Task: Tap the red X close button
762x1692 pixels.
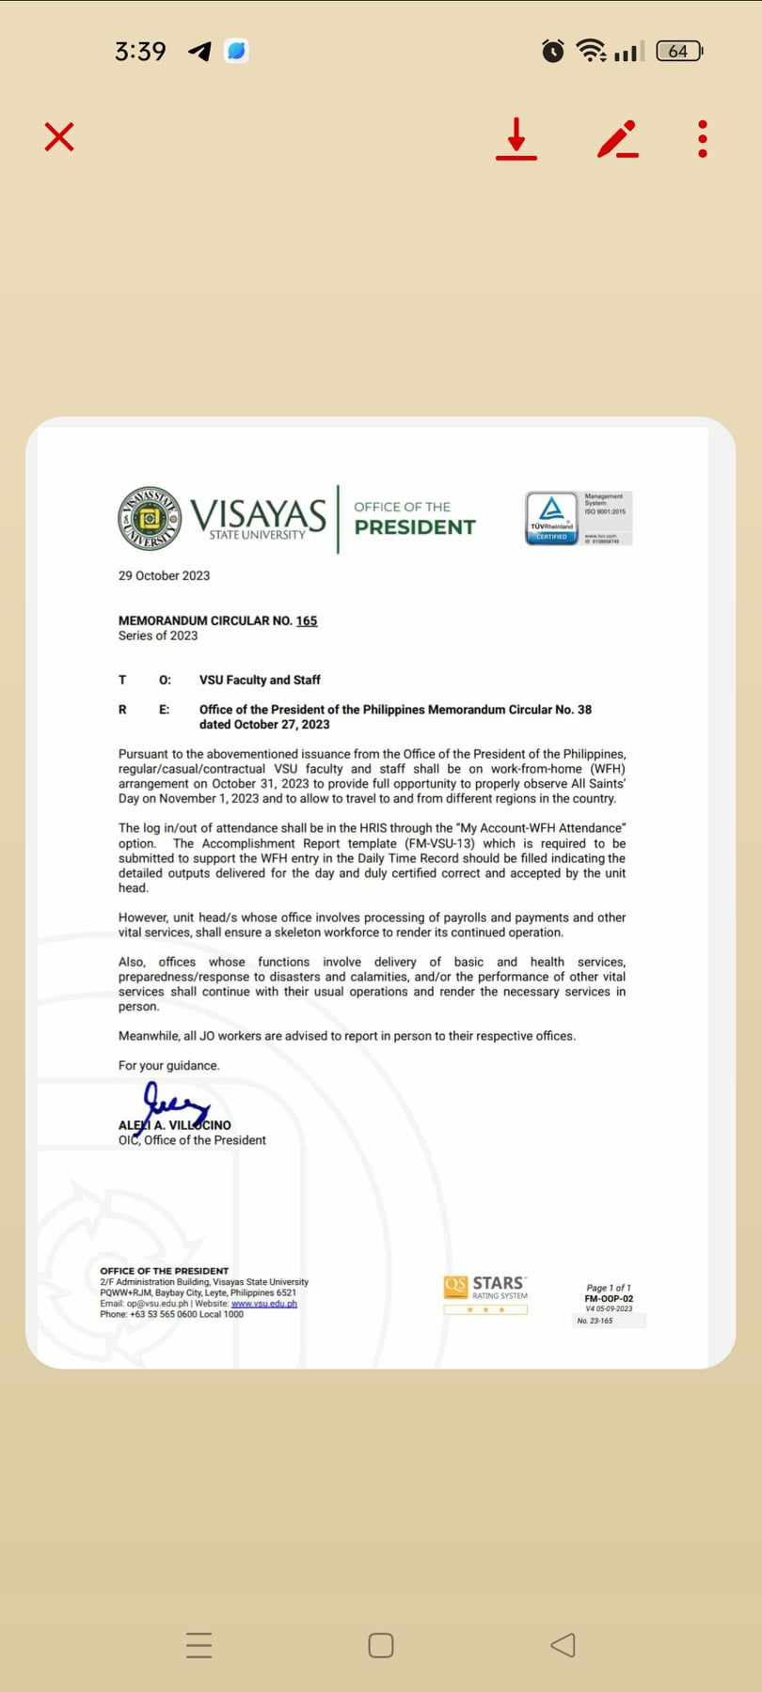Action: pos(59,137)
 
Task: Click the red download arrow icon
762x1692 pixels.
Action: pos(516,139)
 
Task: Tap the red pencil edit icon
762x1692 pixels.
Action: pos(617,139)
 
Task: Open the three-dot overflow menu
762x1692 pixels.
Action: pos(703,139)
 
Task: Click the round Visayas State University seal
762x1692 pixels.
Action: pos(150,518)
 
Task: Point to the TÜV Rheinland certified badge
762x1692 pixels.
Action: pos(552,518)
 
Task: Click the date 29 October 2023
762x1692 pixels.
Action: pos(164,575)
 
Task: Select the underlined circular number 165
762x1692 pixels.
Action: pos(307,620)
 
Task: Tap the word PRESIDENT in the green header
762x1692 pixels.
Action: pos(415,527)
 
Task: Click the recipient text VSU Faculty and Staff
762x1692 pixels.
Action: pos(260,680)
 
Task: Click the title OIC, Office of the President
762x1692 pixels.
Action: pos(192,1140)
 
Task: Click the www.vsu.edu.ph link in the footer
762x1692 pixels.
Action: pos(264,1304)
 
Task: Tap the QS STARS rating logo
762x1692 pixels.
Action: pos(485,1293)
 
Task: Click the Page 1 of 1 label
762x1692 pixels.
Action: pos(609,1288)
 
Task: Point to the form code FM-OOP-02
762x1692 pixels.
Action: pos(609,1299)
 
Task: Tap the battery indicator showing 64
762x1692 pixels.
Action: pos(678,51)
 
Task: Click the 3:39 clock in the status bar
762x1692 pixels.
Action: pos(140,51)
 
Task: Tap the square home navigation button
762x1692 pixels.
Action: pos(381,1645)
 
